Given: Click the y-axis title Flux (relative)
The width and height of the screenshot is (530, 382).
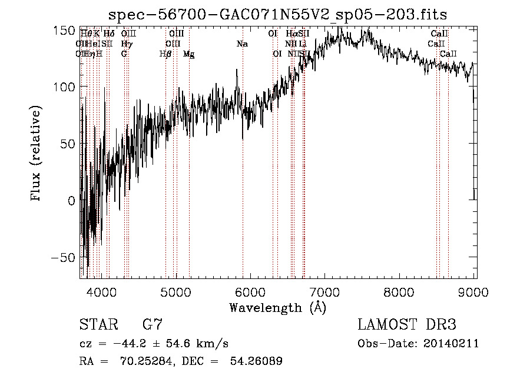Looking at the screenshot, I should (37, 154).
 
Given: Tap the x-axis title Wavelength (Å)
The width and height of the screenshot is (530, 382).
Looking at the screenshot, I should (277, 307).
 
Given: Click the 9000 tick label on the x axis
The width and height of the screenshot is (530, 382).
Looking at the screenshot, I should (463, 291).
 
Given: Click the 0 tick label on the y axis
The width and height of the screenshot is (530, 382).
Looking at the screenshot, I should (71, 201).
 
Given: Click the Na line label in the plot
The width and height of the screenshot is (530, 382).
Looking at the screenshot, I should (242, 44).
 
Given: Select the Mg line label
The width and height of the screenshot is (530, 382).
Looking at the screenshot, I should (188, 54).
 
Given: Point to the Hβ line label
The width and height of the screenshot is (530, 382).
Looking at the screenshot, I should (165, 54).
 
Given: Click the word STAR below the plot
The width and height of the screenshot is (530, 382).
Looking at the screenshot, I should (98, 325).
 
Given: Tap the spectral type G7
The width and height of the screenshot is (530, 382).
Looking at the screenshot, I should (152, 325).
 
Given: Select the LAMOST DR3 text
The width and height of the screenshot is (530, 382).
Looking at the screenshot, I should (406, 325).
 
